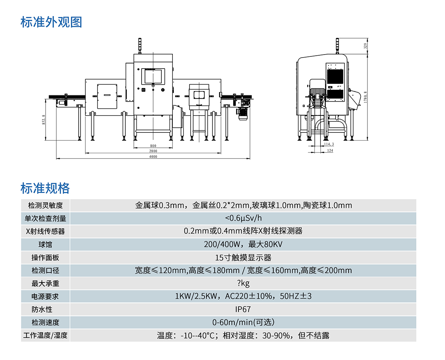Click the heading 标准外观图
51,22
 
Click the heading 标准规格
45,188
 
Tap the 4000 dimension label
154,157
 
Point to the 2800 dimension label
154,151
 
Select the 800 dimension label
154,145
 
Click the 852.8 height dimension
44,120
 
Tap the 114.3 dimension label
329,144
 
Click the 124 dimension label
330,150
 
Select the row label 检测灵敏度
45,205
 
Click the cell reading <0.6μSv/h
243,218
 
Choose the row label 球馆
45,245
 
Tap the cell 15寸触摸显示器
243,258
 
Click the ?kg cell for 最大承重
243,284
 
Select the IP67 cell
243,310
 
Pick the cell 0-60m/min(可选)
243,323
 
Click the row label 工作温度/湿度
45,336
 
